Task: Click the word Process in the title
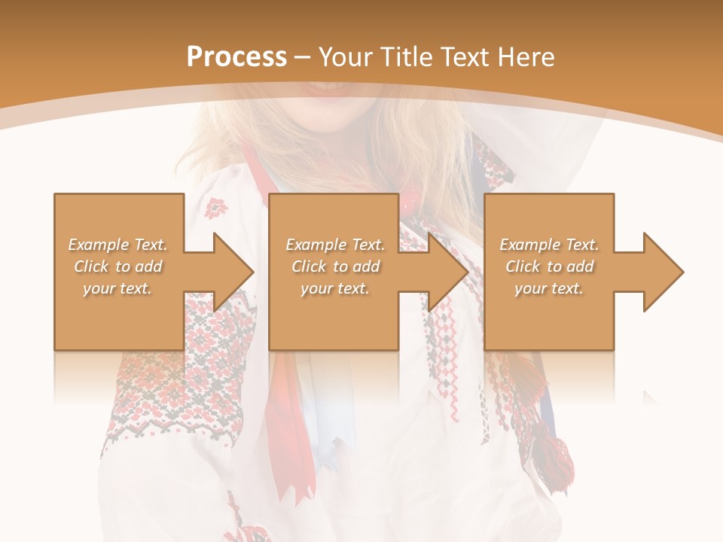pos(236,57)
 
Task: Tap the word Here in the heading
pos(526,57)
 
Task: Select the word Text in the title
pos(467,57)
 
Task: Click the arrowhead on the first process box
pos(230,272)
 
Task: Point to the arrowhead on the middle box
pos(445,272)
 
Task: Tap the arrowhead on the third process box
pos(660,272)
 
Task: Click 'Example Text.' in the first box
pos(118,245)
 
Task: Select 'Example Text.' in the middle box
pos(335,245)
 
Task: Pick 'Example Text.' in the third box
pos(549,245)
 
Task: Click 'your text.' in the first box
pos(118,288)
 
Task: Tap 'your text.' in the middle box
pos(335,288)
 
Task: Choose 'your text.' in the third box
pos(549,288)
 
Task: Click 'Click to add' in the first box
pos(118,266)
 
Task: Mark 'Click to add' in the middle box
pos(335,266)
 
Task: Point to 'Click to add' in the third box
pos(549,266)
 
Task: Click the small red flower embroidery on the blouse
pos(216,206)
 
